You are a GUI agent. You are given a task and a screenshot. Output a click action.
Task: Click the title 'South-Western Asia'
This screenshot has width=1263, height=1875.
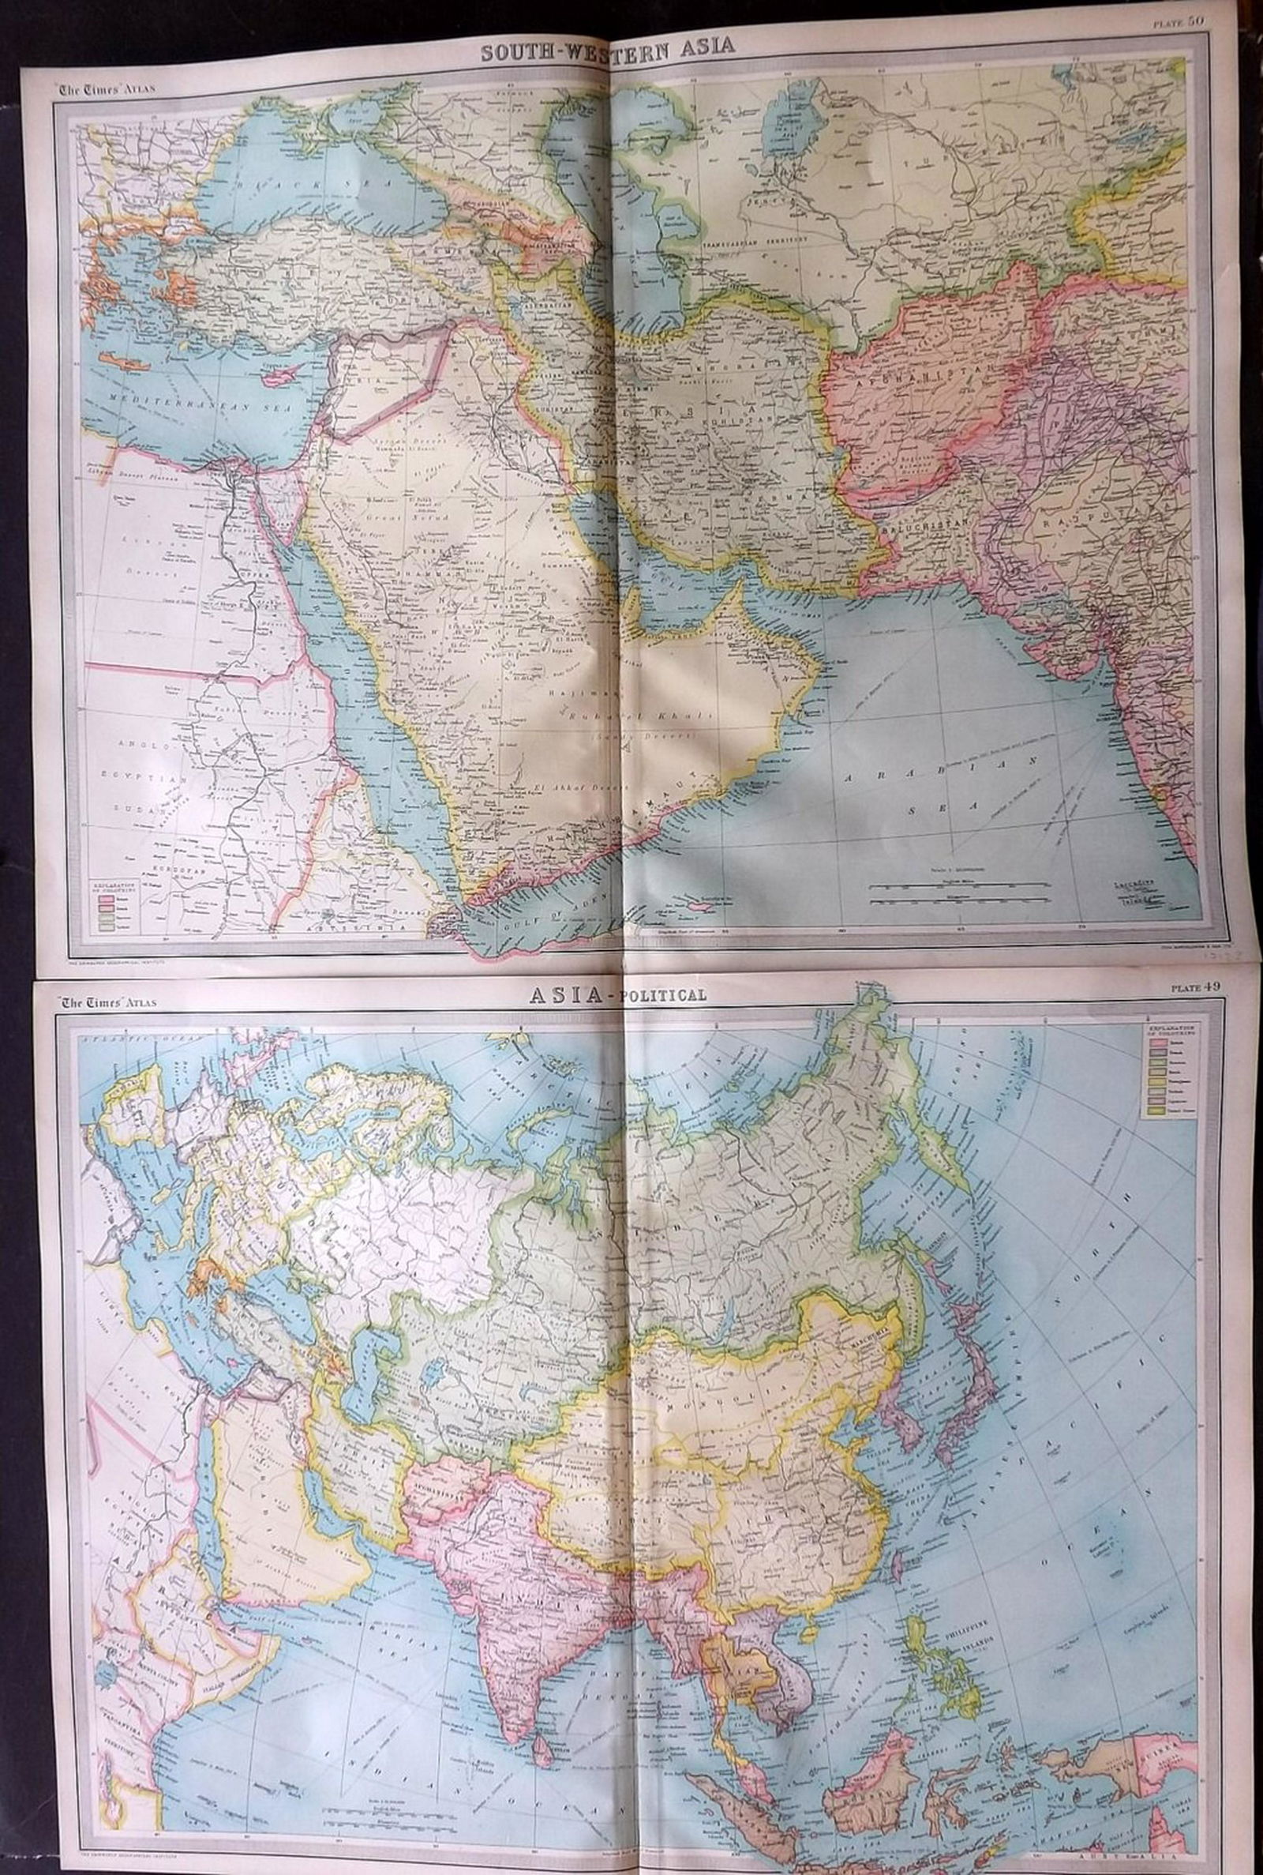607,47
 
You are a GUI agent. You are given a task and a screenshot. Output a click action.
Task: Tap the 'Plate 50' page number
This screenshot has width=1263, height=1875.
1181,22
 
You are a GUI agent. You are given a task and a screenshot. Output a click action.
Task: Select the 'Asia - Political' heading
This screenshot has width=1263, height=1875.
617,994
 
